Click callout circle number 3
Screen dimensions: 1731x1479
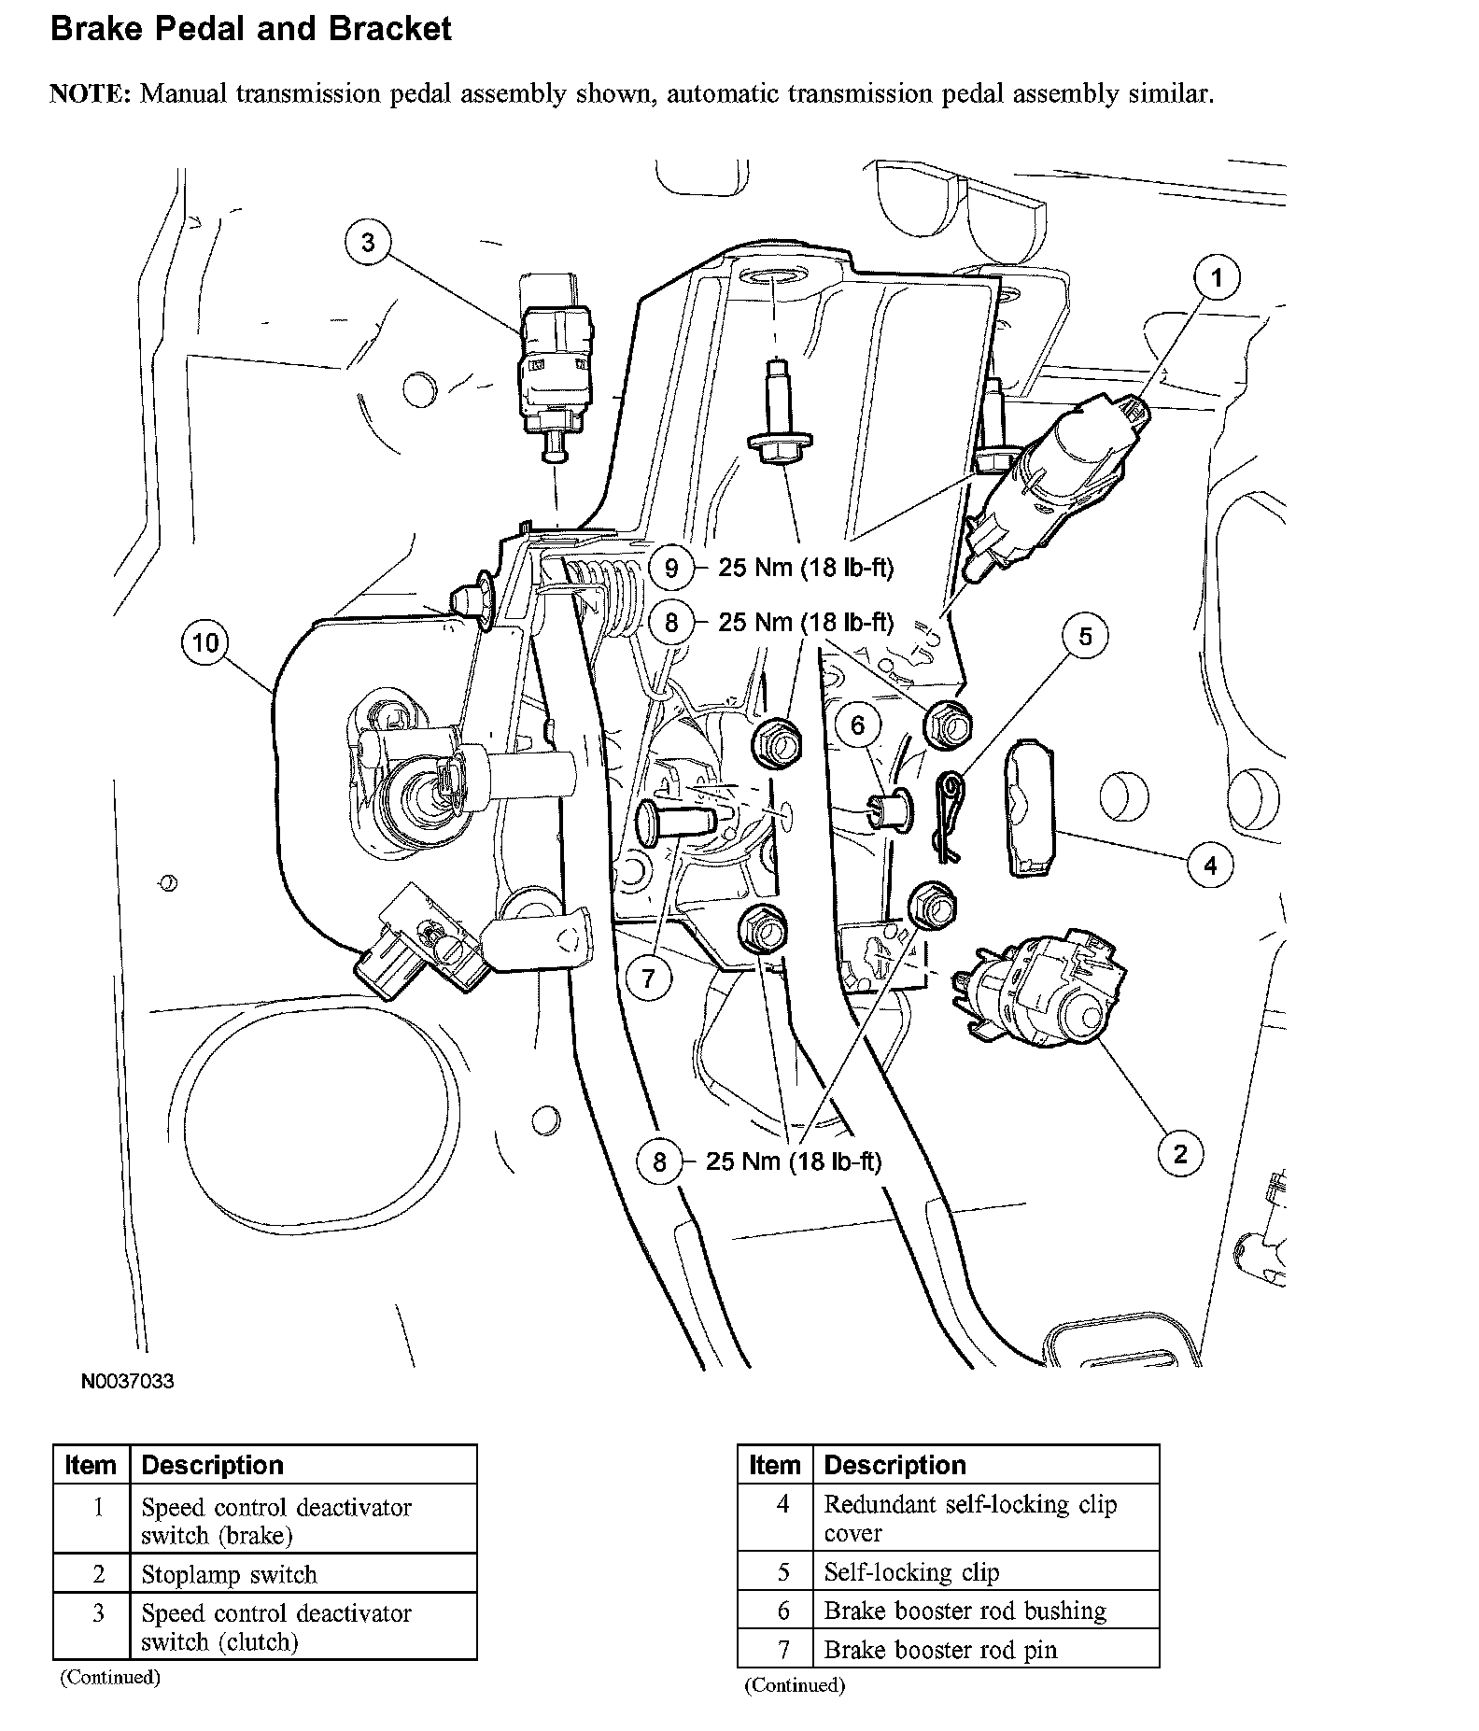point(368,243)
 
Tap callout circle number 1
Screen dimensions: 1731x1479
point(1217,278)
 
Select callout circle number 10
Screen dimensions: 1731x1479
point(205,642)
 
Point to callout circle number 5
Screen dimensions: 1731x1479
point(1085,637)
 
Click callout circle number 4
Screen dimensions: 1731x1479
point(1210,865)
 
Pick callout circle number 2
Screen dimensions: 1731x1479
point(1180,1154)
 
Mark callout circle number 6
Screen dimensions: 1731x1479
point(858,725)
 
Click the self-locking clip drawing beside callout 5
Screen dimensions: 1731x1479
point(950,804)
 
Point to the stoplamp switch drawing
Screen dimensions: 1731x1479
point(1036,990)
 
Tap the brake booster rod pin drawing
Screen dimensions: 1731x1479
point(674,822)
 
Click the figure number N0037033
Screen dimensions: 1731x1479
point(127,1381)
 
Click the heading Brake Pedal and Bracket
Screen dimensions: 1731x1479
point(250,29)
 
